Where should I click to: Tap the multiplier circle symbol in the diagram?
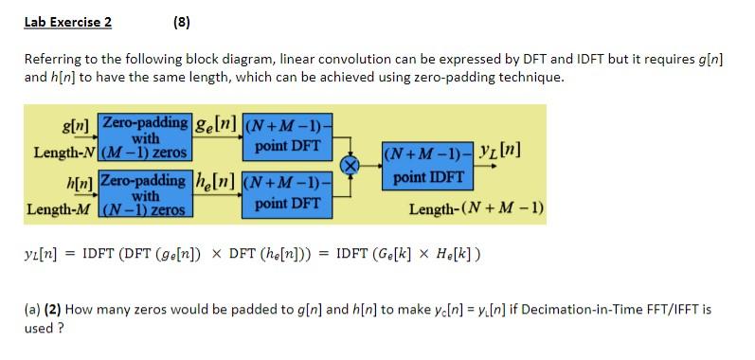351,164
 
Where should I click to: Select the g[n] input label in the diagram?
76,123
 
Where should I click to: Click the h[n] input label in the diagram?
78,180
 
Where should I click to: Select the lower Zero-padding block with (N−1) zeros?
144,193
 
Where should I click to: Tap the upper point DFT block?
287,136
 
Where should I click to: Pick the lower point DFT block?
287,193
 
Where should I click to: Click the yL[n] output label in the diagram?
501,151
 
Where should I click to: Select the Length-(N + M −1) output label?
476,208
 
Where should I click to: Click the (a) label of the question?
33,309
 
